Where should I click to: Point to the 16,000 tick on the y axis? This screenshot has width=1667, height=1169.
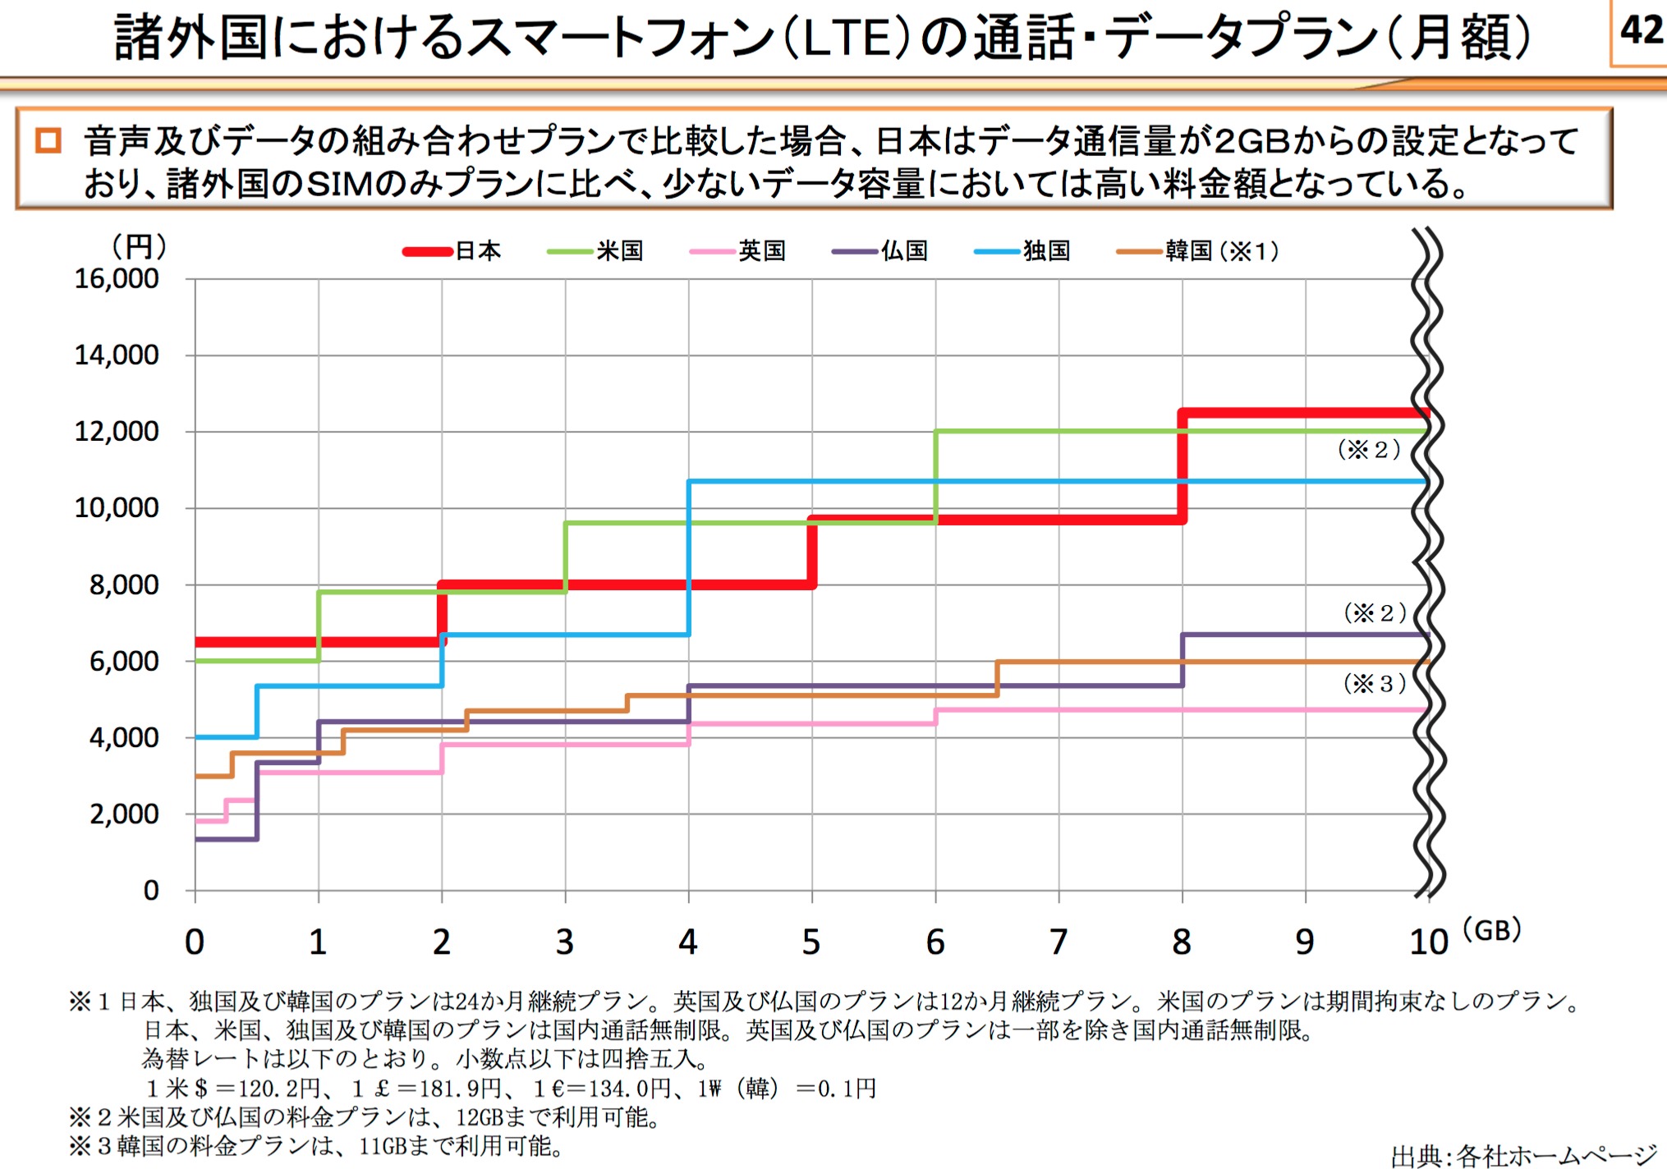pos(117,279)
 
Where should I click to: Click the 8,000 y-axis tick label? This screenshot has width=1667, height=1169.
pos(124,585)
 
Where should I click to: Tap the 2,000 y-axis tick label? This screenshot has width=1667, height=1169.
pos(124,814)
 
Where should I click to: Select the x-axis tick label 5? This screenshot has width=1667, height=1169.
pos(811,942)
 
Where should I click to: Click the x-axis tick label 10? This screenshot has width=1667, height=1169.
pos(1429,942)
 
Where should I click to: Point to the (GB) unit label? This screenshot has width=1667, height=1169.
pos(1492,930)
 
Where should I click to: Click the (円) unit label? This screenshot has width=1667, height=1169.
pos(139,245)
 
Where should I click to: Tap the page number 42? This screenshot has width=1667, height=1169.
pos(1641,30)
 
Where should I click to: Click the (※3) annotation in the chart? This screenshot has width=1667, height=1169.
pos(1375,684)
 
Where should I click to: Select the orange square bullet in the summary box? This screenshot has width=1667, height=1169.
pos(48,140)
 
